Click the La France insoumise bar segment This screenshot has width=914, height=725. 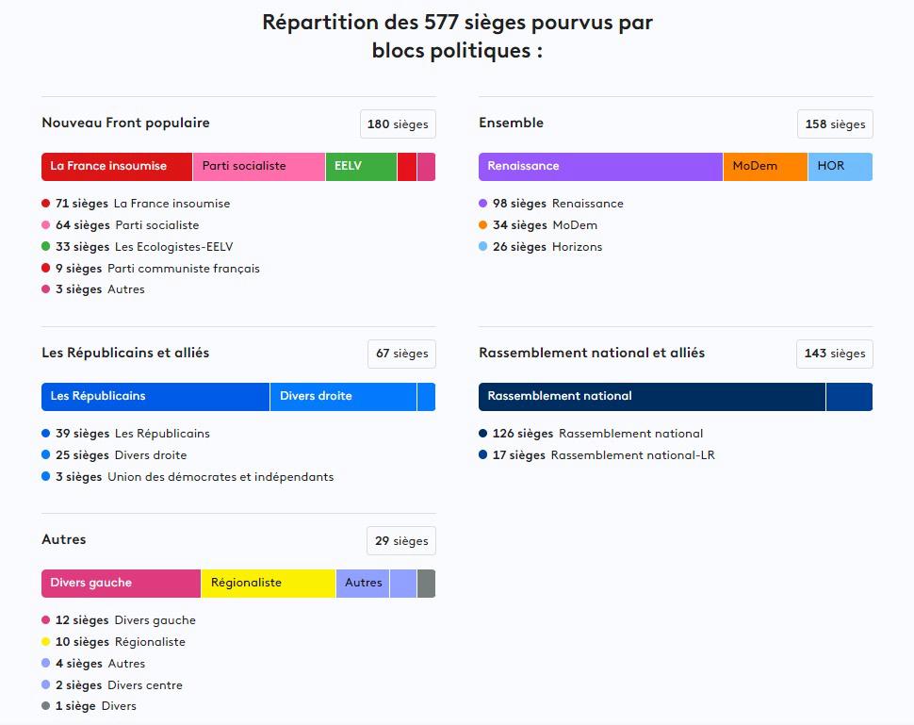coord(117,166)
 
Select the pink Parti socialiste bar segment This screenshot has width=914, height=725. coord(258,166)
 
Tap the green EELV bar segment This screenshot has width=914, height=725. coord(361,166)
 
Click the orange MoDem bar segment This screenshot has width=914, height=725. coord(765,166)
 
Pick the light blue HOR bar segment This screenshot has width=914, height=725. coord(840,166)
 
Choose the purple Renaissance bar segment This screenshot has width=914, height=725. coord(600,166)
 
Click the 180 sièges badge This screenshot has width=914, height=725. coord(398,124)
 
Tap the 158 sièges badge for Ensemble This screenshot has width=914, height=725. coord(835,124)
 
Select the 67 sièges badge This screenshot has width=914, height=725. coord(401,354)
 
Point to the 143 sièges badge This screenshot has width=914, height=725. coord(835,354)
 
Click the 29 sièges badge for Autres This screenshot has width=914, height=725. coord(401,541)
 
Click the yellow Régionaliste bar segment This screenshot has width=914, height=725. coord(269,583)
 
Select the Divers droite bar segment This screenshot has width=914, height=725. coord(343,396)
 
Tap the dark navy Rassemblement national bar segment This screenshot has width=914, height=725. coord(652,396)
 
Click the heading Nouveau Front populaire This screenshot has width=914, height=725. coord(125,123)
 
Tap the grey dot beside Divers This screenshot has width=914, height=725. coord(46,706)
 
